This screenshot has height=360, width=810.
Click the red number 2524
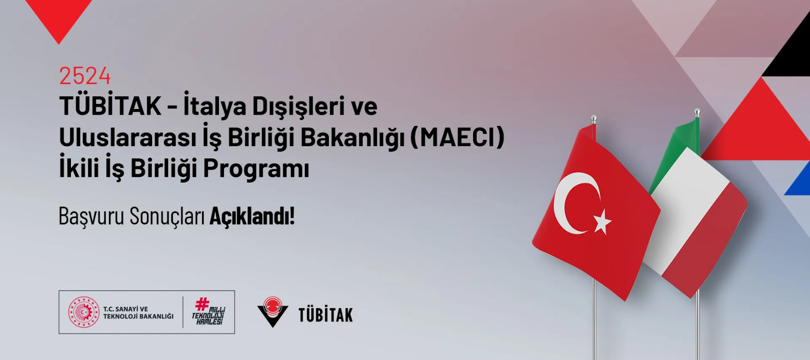(x=85, y=76)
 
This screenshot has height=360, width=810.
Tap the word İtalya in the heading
(x=215, y=106)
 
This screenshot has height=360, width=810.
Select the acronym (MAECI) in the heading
(x=457, y=137)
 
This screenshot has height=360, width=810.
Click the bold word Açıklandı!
(x=252, y=216)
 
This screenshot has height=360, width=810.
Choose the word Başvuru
(x=92, y=216)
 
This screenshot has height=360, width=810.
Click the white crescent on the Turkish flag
(x=565, y=203)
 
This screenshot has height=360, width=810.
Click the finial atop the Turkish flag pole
(x=594, y=119)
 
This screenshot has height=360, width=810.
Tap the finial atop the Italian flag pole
(x=697, y=113)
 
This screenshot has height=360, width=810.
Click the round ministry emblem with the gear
(x=84, y=312)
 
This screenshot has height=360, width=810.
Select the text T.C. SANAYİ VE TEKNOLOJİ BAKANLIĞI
(x=138, y=313)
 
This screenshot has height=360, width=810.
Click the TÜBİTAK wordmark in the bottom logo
(x=326, y=315)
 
